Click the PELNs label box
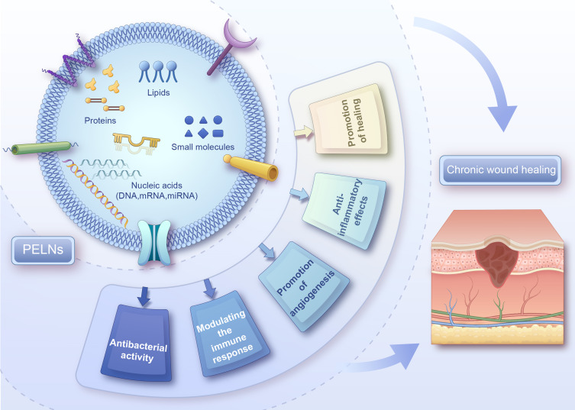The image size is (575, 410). coord(43,250)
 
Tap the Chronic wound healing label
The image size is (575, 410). coord(500,169)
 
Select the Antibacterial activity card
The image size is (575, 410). coord(137,343)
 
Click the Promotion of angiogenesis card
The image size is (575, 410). coord(304,286)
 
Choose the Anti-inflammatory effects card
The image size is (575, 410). coord(344,211)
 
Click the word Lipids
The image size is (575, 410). coord(158,92)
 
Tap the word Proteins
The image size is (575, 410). coord(100,121)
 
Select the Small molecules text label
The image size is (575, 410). coord(203,147)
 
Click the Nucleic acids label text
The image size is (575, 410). coord(157,191)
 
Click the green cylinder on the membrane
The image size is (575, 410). coord(41,148)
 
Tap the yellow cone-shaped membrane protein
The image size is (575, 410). coord(251,168)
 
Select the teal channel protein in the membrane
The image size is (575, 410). coord(154,242)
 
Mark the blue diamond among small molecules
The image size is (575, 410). coord(203,133)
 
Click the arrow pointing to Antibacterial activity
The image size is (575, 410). coord(144,296)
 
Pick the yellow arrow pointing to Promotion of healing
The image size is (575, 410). coord(304,132)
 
